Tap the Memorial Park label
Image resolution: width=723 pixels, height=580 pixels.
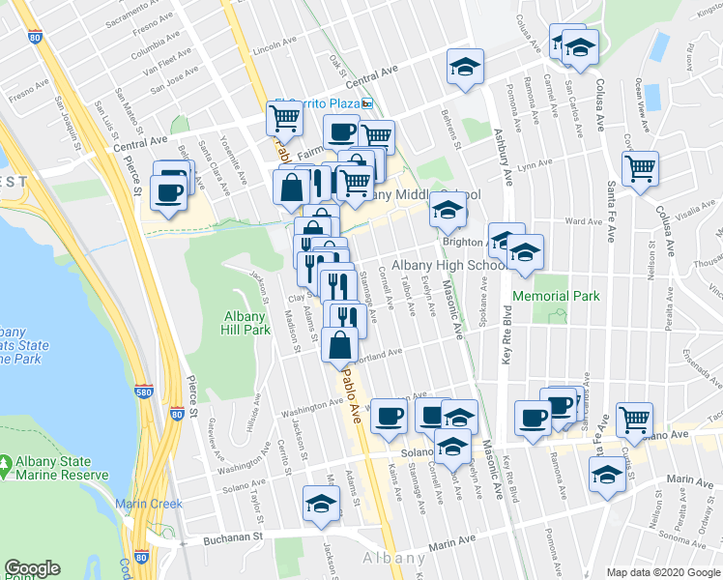click(x=556, y=296)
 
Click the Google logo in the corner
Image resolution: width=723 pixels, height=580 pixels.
click(x=32, y=568)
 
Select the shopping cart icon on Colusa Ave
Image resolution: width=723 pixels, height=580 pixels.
click(x=640, y=169)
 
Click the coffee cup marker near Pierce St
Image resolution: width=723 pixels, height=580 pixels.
click(x=169, y=188)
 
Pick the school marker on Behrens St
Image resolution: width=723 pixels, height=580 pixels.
click(x=465, y=67)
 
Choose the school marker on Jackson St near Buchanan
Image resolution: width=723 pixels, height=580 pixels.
click(x=321, y=502)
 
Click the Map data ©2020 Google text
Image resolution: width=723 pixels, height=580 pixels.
click(x=662, y=572)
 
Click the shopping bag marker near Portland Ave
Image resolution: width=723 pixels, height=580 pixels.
click(x=340, y=344)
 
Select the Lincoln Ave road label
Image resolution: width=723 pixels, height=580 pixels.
click(x=272, y=46)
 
